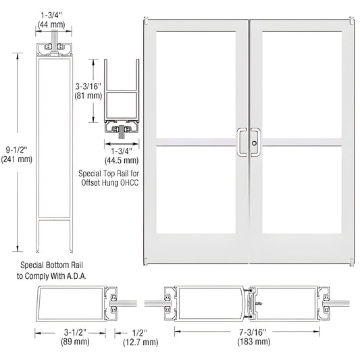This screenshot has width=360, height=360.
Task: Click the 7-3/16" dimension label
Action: pyautogui.click(x=218, y=332)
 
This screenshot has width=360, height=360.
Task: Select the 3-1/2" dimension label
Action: pyautogui.click(x=67, y=332)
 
